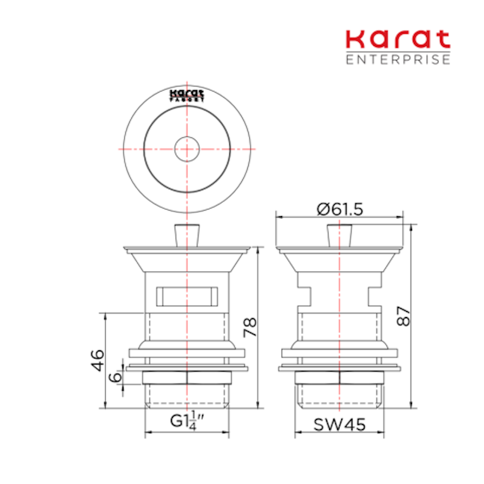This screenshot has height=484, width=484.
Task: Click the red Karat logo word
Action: click(x=398, y=39)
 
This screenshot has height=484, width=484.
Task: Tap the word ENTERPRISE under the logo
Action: click(x=398, y=59)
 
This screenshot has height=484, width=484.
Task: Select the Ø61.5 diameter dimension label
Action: click(x=340, y=209)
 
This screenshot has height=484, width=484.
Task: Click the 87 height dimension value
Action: click(x=403, y=316)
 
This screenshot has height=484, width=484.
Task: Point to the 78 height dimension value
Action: click(x=250, y=327)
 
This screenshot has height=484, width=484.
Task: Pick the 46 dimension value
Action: click(x=97, y=360)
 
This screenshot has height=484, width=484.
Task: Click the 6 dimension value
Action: click(x=115, y=376)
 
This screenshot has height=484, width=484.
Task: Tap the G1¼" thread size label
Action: click(x=188, y=421)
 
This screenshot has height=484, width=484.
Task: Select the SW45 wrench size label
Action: click(x=339, y=425)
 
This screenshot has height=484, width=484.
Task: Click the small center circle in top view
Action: click(x=187, y=149)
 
